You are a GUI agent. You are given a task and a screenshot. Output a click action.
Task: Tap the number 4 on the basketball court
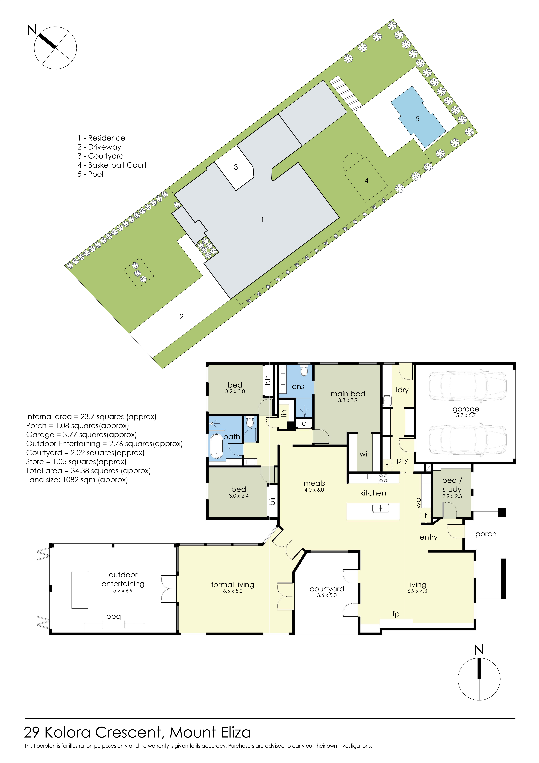(x=366, y=180)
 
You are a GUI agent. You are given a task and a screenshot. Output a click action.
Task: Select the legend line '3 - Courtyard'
(x=101, y=156)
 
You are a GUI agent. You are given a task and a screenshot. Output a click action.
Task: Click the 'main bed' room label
(x=348, y=394)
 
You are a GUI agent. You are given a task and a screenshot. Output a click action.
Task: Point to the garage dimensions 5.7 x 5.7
(x=466, y=415)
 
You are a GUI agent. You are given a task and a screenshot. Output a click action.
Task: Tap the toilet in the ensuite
(x=304, y=371)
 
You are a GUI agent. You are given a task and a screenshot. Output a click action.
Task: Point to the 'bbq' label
(x=114, y=616)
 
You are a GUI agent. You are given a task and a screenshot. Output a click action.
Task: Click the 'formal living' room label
(x=233, y=585)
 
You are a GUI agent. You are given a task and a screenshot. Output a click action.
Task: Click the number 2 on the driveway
(x=182, y=317)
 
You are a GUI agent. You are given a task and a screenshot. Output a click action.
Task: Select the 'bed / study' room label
(x=452, y=485)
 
